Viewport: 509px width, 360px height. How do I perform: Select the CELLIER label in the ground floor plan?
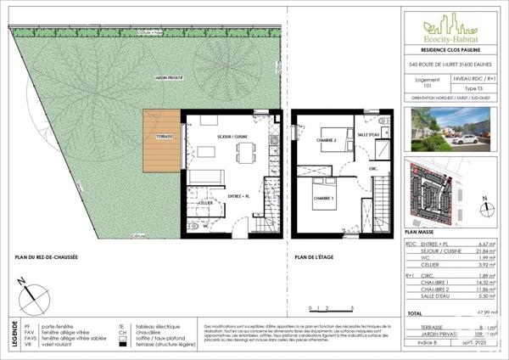pyautogui.click(x=205, y=204)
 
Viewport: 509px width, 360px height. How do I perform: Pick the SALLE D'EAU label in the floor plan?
pyautogui.click(x=370, y=135)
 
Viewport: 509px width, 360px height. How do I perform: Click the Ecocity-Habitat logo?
pyautogui.click(x=450, y=25)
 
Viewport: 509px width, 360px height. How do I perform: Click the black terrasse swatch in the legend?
pyautogui.click(x=121, y=345)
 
